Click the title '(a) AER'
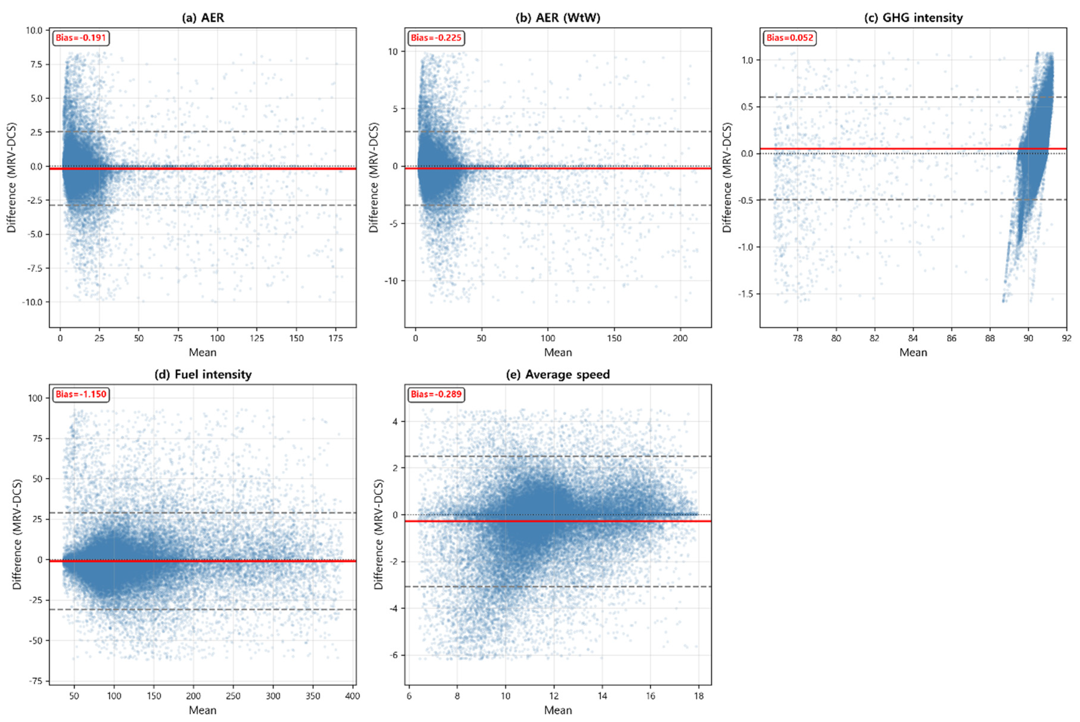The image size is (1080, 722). point(203,18)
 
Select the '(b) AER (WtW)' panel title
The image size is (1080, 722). point(558,18)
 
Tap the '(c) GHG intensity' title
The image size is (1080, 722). point(913,18)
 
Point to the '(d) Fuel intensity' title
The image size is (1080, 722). point(203,374)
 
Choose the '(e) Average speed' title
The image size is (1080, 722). point(558,374)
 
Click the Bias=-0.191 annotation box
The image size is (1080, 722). point(81,38)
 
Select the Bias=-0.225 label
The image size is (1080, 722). point(436,38)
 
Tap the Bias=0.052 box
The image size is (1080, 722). point(790,38)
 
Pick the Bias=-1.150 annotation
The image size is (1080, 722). point(81,394)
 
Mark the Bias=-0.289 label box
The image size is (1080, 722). point(436,394)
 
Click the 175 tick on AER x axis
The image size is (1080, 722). point(336,338)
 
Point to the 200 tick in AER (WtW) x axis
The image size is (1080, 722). point(680,338)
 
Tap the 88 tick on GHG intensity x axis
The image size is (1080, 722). point(990,338)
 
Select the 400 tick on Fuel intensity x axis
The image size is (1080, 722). point(352,696)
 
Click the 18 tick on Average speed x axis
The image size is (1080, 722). point(698,696)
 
